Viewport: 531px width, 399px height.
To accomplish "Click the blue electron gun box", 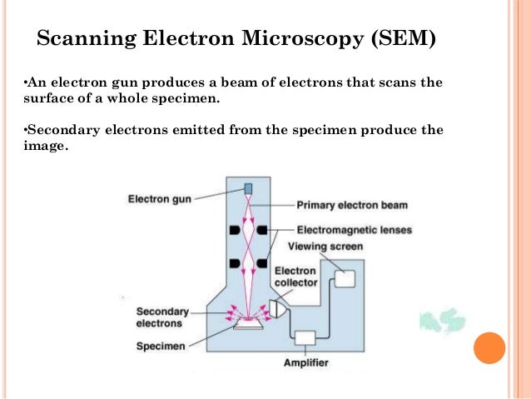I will pos(248,188).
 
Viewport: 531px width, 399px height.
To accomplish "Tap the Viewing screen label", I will pos(325,246).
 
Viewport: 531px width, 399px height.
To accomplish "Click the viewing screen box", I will pos(344,278).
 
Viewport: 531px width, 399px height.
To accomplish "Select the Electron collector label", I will pos(295,277).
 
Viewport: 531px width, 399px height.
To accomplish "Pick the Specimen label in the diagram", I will pos(161,345).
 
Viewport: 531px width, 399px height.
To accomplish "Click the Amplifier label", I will pos(305,363).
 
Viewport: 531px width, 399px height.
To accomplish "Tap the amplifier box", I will pos(305,337).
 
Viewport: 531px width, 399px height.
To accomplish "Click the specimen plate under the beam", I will pos(248,325).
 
